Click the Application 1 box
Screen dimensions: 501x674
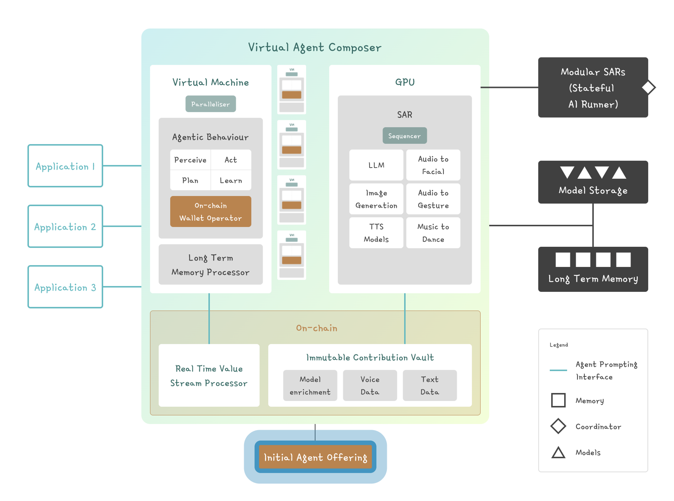click(x=65, y=166)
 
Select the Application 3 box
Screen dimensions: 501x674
click(x=65, y=287)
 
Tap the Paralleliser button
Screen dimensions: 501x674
click(x=211, y=104)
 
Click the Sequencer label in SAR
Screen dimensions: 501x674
click(x=405, y=136)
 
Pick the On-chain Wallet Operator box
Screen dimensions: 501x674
click(x=211, y=212)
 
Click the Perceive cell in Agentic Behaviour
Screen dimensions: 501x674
click(x=190, y=160)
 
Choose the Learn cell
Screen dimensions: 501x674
click(x=231, y=180)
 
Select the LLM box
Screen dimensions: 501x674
click(x=376, y=165)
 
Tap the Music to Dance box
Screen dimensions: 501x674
click(x=433, y=233)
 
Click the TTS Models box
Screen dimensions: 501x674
click(x=376, y=233)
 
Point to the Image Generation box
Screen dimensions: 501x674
click(x=376, y=199)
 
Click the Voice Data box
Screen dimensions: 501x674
click(x=370, y=385)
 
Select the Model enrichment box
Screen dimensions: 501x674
click(x=310, y=385)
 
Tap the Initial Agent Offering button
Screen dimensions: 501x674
click(x=315, y=457)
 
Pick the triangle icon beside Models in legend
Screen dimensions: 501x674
click(x=558, y=452)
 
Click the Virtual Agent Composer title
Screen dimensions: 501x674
click(x=315, y=47)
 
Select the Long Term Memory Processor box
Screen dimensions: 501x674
click(x=211, y=265)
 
